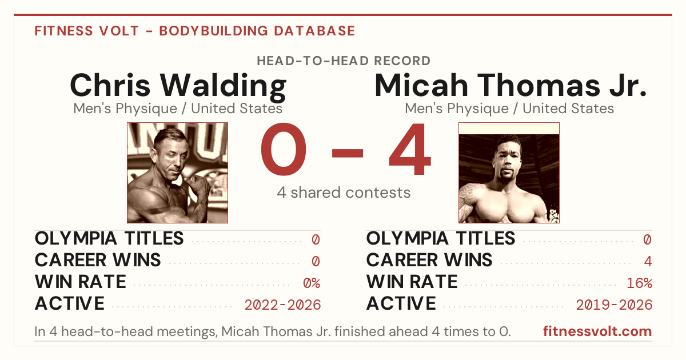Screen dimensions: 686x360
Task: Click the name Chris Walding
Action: coord(178,86)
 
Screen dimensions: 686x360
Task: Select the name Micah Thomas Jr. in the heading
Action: coord(510,85)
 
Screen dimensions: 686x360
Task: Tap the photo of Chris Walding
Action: coord(178,173)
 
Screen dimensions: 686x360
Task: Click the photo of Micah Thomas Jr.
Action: coord(509,173)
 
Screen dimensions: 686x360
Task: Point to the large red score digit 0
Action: coord(284,149)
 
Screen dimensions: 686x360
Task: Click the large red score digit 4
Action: coord(410,149)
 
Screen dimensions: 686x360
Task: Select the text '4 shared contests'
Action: coord(344,193)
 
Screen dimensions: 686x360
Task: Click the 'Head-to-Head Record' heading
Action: coord(344,61)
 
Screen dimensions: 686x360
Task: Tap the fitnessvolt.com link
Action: coord(597,331)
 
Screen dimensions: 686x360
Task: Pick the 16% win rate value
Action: coord(640,283)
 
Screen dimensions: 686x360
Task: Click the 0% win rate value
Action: coord(312,283)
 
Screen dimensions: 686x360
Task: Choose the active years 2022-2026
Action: coord(282,305)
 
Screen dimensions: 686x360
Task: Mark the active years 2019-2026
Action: coord(614,305)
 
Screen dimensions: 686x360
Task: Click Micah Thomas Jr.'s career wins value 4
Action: coord(648,261)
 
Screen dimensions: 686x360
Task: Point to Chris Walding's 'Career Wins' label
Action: coord(98,260)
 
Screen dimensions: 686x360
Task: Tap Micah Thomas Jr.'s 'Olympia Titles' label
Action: coord(441,238)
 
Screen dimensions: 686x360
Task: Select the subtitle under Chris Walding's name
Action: coord(178,109)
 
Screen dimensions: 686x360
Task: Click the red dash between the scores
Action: coord(348,153)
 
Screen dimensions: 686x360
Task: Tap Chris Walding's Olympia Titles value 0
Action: coord(316,239)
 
